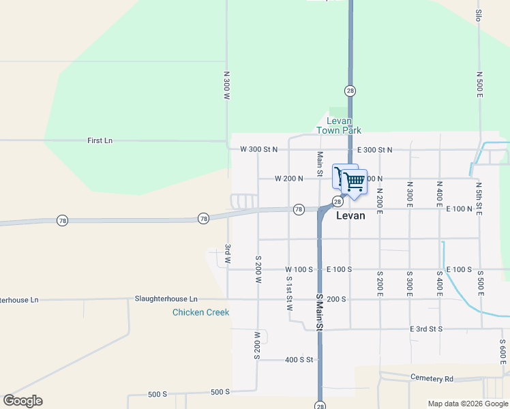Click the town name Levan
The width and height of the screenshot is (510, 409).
coord(350,215)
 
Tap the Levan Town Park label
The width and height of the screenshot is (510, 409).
coord(339,125)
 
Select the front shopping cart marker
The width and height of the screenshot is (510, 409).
coord(353,182)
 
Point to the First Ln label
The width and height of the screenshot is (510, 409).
coord(100,140)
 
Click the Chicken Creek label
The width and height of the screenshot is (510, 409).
coord(200,312)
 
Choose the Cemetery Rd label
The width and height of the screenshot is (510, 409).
coord(432,378)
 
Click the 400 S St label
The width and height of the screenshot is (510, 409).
coord(298,359)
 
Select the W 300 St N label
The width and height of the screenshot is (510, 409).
coord(259,149)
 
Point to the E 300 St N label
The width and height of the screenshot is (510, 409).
coord(375,149)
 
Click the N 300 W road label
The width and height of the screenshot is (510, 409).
coord(226,85)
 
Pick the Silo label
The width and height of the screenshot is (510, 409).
coord(479,16)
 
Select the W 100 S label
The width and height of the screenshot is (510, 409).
coord(299,269)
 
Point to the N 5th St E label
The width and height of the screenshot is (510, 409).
coord(479,199)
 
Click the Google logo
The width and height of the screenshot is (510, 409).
coord(22,401)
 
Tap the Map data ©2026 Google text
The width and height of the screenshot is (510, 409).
coord(467,404)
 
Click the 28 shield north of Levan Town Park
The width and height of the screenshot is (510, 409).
coord(350,91)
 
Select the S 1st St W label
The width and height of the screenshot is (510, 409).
coord(289,293)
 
